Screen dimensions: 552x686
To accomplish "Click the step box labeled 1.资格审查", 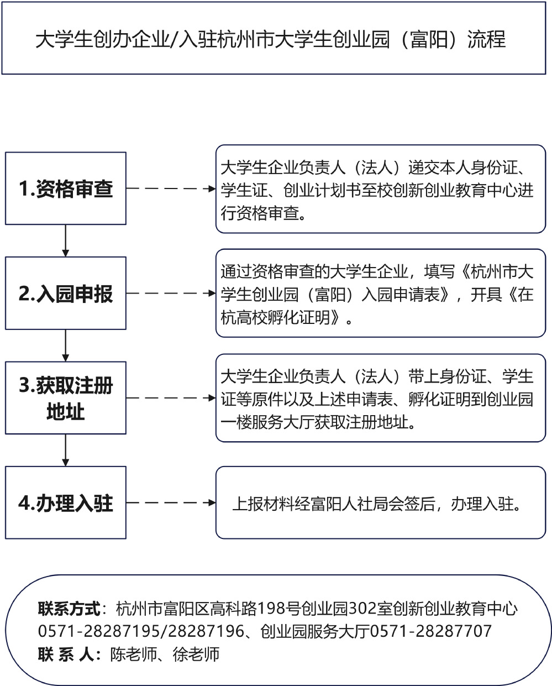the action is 66,188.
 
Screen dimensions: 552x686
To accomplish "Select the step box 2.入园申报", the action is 66,294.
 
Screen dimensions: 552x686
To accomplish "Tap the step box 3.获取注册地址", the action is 66,398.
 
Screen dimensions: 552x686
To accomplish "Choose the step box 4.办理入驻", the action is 66,502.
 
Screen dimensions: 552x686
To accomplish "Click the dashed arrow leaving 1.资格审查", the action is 171,188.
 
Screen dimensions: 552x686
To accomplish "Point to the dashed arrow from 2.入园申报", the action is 171,294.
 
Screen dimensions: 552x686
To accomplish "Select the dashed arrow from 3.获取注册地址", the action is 171,398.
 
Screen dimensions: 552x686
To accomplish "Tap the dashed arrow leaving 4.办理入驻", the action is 171,502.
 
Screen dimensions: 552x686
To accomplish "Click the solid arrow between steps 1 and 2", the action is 66,240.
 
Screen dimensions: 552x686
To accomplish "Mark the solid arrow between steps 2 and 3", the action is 66,345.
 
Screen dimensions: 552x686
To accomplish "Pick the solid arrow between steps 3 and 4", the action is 66,450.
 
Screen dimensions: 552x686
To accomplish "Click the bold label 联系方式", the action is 69,609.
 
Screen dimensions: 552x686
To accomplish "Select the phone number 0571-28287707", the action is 431,631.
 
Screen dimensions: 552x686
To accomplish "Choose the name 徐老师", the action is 196,654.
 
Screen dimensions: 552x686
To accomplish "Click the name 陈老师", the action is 134,654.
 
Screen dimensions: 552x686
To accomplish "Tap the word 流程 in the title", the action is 486,39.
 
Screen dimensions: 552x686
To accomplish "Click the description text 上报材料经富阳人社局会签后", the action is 334,504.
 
